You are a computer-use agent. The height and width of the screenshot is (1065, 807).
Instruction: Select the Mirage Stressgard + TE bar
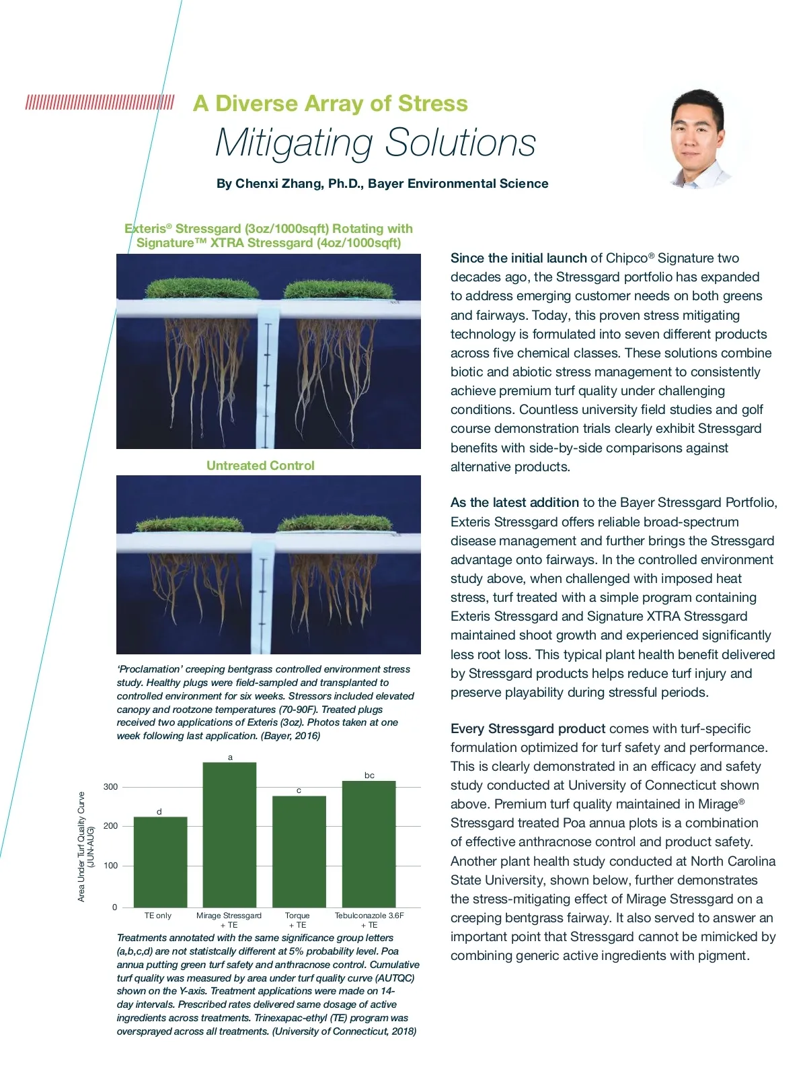point(229,835)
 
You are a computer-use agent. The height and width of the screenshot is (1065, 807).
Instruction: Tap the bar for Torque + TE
point(299,852)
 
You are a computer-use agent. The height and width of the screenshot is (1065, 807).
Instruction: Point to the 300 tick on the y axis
point(110,787)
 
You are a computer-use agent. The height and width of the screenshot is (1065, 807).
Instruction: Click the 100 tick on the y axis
point(110,866)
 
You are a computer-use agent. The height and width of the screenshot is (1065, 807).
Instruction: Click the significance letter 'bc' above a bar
point(369,776)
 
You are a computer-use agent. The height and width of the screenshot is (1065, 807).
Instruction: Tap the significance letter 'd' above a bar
point(159,812)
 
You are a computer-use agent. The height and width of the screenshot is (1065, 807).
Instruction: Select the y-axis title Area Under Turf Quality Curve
point(82,846)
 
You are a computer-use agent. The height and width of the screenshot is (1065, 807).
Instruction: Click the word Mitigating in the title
point(294,143)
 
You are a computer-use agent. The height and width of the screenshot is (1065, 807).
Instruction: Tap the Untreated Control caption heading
point(260,466)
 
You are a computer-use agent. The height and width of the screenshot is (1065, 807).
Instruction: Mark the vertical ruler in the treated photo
point(268,377)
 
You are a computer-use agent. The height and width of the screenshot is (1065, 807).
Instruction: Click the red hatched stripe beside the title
point(100,103)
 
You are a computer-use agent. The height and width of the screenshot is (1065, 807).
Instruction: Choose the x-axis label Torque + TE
point(297,920)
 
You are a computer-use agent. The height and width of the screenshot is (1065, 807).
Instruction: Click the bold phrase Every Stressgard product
point(528,728)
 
